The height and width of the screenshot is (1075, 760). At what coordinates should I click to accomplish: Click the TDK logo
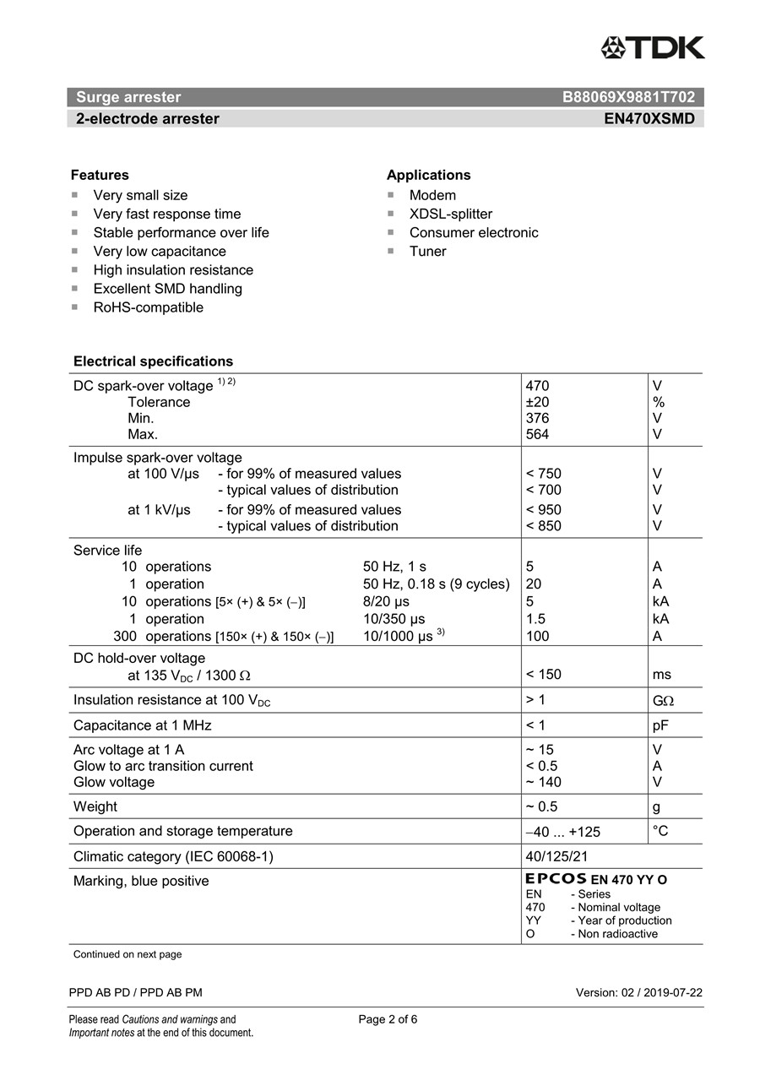(652, 47)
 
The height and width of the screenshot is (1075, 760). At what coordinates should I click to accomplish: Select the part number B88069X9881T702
(628, 97)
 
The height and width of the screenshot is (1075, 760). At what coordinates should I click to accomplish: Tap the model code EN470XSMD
(649, 119)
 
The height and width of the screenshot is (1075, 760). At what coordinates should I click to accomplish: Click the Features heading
(100, 175)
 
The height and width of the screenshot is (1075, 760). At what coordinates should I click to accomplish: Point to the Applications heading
(428, 175)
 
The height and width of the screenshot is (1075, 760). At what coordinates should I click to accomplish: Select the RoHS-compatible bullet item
(148, 307)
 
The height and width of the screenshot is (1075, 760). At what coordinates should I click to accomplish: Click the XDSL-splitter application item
(450, 214)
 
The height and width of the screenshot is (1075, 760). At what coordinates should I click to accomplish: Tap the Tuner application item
(427, 252)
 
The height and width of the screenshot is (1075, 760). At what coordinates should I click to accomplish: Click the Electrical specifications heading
(153, 361)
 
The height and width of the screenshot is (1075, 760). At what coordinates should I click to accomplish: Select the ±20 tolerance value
(537, 402)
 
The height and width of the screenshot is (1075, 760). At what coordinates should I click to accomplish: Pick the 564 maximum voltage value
(537, 434)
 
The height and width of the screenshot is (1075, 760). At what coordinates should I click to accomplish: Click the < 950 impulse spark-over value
(543, 509)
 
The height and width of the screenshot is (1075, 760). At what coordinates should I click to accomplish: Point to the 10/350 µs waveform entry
(394, 619)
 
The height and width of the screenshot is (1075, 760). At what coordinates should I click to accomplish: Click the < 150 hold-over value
(543, 674)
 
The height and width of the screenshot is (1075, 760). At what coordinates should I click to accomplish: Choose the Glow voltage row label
(114, 782)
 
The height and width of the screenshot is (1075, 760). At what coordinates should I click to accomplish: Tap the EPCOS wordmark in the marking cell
(556, 879)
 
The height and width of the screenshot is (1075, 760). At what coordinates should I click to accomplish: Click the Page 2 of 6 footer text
(388, 1019)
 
